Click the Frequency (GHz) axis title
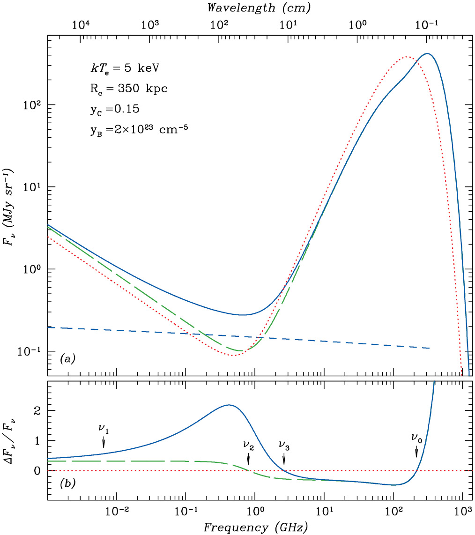tap(255, 528)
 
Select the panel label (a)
tap(67, 359)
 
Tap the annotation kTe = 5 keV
tap(125, 68)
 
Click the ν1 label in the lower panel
tap(104, 429)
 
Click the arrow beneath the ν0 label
tap(416, 452)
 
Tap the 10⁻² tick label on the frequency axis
tap(116, 513)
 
